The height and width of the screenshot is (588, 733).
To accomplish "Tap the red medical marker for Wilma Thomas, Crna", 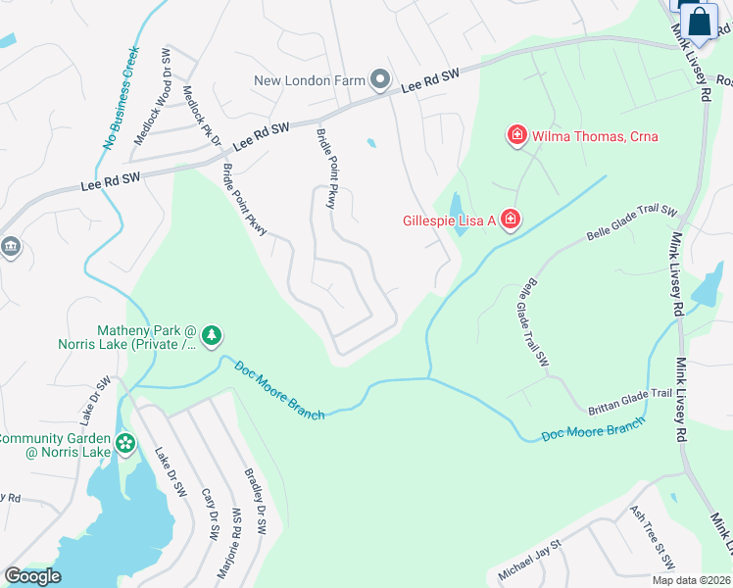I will pyautogui.click(x=515, y=135).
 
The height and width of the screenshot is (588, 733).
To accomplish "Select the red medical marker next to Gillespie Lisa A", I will pyautogui.click(x=510, y=220).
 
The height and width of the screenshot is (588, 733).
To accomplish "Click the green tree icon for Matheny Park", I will pyautogui.click(x=211, y=338).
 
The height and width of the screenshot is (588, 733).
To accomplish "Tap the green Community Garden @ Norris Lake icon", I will pyautogui.click(x=125, y=444).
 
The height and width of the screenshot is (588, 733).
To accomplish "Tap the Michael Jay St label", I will pyautogui.click(x=528, y=558).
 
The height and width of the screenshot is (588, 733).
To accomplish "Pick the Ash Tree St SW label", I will pyautogui.click(x=653, y=538).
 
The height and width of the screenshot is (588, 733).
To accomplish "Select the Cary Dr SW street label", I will pyautogui.click(x=210, y=513).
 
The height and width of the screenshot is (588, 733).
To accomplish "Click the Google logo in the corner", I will pyautogui.click(x=32, y=576).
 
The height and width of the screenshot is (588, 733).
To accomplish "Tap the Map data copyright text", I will pyautogui.click(x=691, y=580).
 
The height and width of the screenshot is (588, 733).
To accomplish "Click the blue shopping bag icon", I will pyautogui.click(x=700, y=22).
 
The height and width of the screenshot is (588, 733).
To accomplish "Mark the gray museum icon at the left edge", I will pyautogui.click(x=10, y=245).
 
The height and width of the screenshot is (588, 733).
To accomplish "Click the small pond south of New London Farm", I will pyautogui.click(x=370, y=143).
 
